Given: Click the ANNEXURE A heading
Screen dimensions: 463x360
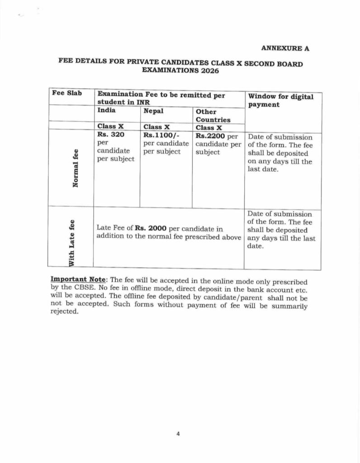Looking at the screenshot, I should click(x=285, y=48).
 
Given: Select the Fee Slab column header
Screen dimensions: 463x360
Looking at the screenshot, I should click(x=67, y=93).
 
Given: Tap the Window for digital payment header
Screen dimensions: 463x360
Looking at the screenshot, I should click(x=280, y=100).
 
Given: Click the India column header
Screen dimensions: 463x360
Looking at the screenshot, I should click(x=106, y=110).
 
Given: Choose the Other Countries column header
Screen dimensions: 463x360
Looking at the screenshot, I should click(x=213, y=116).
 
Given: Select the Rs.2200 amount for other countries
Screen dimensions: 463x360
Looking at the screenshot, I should click(x=210, y=135).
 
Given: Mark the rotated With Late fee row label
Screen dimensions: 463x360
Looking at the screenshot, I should click(x=71, y=242).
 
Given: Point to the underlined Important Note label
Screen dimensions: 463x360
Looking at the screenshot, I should click(x=77, y=280).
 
